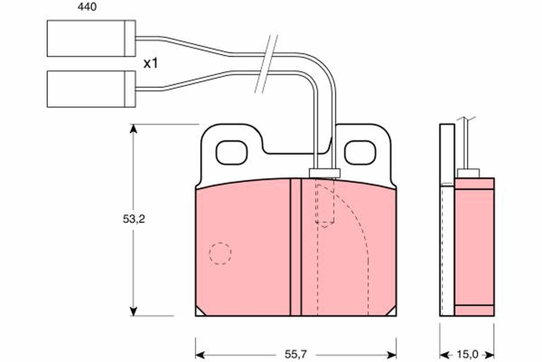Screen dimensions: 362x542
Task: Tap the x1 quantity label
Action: coord(150,64)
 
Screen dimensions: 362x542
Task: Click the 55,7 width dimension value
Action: coord(296,353)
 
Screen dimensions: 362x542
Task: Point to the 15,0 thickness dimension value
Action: coord(467,353)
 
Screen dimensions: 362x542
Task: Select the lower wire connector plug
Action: coord(91,89)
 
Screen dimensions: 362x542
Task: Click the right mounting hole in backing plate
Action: coord(360,152)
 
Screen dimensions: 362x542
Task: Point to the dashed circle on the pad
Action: coord(220,253)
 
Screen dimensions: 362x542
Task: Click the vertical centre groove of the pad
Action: coord(295,247)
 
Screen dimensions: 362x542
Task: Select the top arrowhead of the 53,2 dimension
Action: coord(133,129)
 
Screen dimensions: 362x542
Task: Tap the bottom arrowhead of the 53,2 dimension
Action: coord(133,311)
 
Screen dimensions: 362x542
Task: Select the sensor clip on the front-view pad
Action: coord(324,173)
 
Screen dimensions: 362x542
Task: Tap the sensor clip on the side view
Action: coord(468,173)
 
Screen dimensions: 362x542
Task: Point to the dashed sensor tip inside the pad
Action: coord(324,204)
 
